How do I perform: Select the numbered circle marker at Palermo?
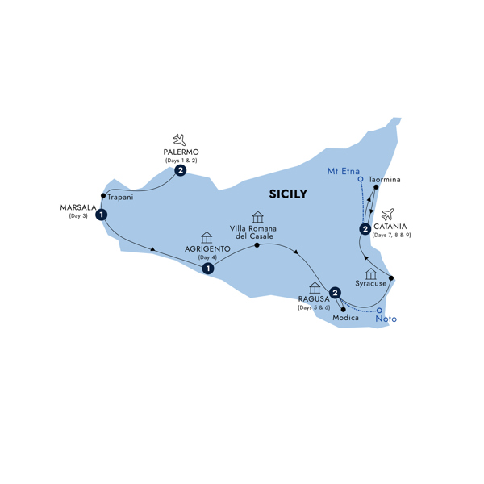pyautogui.click(x=181, y=171)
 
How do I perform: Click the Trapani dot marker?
pyautogui.click(x=103, y=195)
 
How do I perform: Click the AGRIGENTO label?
pyautogui.click(x=207, y=248)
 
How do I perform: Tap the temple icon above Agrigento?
pyautogui.click(x=207, y=237)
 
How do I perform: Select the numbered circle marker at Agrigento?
pyautogui.click(x=208, y=269)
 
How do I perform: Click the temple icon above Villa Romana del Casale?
pyautogui.click(x=257, y=218)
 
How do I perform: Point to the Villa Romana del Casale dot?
pyautogui.click(x=257, y=244)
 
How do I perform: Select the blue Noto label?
pyautogui.click(x=386, y=319)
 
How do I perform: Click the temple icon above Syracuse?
pyautogui.click(x=371, y=275)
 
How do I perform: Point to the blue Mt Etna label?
pyautogui.click(x=344, y=170)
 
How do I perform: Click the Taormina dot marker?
pyautogui.click(x=377, y=189)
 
